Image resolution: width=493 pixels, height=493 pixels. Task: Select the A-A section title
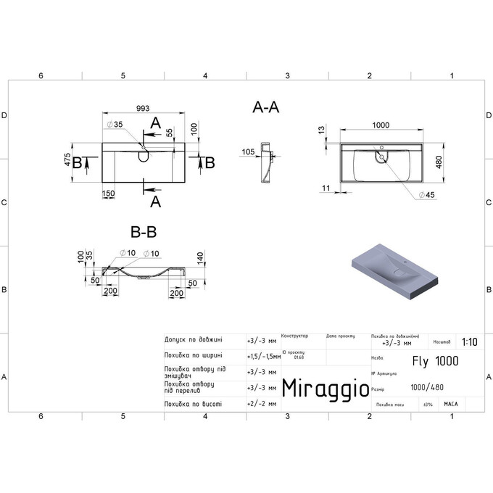(x=266, y=107)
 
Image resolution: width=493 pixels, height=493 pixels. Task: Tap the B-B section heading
(x=144, y=232)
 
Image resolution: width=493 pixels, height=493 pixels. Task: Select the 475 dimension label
(x=67, y=159)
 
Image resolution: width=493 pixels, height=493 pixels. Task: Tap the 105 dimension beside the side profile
(x=248, y=152)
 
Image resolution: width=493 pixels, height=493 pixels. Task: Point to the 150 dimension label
(x=109, y=193)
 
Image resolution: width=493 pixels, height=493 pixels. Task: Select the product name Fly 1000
(x=434, y=360)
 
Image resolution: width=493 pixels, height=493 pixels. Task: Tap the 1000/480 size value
(x=428, y=388)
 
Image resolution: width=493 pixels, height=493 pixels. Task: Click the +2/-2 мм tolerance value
(x=261, y=403)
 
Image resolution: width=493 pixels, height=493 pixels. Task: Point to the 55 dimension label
(x=170, y=133)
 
